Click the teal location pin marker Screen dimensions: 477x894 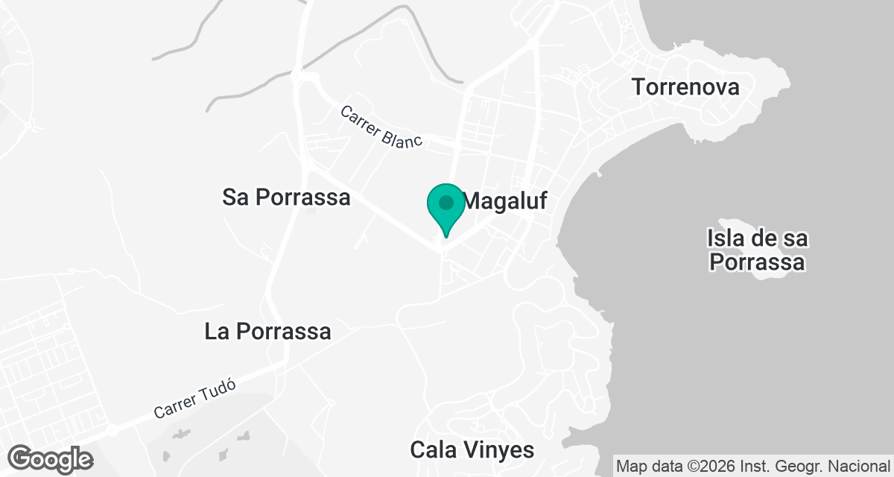tap(446, 209)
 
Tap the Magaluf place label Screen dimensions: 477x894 tap(506, 200)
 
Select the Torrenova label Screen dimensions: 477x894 tap(685, 87)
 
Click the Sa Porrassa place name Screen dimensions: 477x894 tap(286, 198)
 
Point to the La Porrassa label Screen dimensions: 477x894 tap(267, 332)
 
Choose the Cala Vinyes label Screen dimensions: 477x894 tap(472, 450)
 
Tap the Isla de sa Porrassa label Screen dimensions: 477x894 tap(758, 251)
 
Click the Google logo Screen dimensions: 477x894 tap(51, 458)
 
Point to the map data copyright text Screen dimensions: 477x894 tap(753, 467)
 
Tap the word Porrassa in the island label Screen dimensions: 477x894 tap(758, 263)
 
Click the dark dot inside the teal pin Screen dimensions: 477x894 tap(446, 202)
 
